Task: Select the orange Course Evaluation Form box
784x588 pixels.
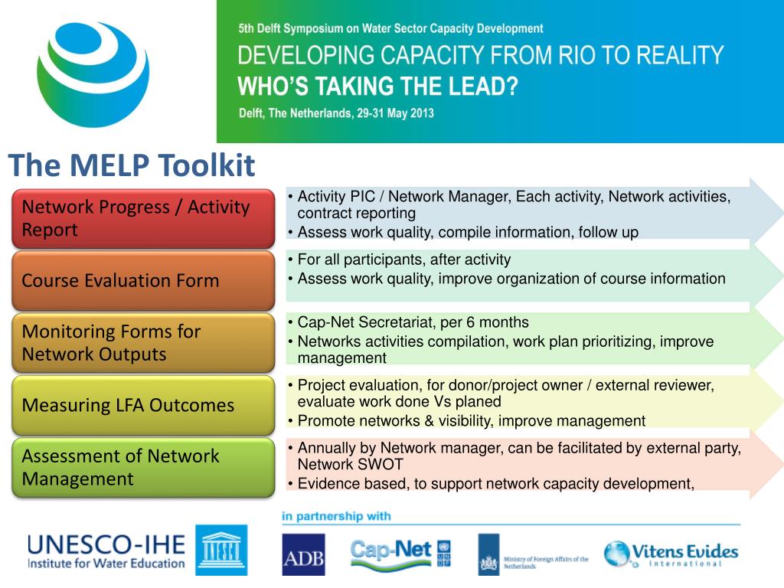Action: (x=143, y=280)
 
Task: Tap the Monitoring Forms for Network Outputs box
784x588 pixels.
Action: (x=143, y=342)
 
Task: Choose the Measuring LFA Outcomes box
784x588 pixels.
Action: (x=143, y=405)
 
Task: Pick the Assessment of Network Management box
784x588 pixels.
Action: (x=143, y=467)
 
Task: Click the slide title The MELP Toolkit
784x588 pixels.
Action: (x=132, y=165)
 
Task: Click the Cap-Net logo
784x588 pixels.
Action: (x=390, y=553)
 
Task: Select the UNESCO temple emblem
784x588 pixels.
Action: (x=220, y=550)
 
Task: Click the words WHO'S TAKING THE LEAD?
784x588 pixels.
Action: (x=378, y=86)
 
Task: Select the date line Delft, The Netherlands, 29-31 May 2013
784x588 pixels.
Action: (x=336, y=113)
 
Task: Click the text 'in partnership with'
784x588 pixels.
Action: (x=336, y=516)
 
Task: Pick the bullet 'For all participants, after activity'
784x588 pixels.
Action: (x=404, y=260)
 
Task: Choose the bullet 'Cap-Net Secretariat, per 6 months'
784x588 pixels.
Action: (x=413, y=322)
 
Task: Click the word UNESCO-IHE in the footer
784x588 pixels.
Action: (x=106, y=545)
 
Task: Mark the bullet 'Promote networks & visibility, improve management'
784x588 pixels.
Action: (x=471, y=420)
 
